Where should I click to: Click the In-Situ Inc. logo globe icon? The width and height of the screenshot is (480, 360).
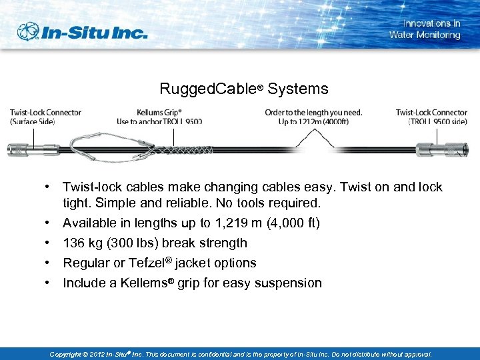(x=29, y=31)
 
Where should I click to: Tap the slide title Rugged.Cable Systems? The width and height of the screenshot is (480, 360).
(x=243, y=89)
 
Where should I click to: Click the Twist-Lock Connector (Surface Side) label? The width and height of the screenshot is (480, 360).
(x=45, y=117)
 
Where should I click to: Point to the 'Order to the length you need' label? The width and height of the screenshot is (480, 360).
(x=313, y=117)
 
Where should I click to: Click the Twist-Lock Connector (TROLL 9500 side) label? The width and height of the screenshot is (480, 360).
(x=431, y=117)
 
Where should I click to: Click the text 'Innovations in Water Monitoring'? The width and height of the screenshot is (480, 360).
(x=425, y=29)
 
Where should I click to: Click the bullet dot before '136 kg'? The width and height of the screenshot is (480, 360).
(x=50, y=243)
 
